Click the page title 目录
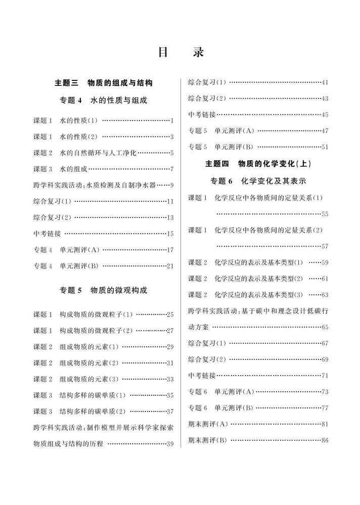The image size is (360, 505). tap(180, 53)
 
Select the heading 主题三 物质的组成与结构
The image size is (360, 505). tap(103, 83)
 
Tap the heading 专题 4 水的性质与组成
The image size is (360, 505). tap(103, 101)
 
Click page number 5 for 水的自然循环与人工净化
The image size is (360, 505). tap(172, 153)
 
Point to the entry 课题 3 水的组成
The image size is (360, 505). tap(61, 169)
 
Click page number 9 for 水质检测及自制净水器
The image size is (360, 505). tap(172, 185)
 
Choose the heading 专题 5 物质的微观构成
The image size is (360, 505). tap(103, 290)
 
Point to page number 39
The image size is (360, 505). tap(170, 444)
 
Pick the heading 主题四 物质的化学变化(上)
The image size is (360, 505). tap(258, 164)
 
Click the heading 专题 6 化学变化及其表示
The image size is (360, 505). tap(258, 180)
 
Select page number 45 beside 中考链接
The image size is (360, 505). tap(325, 115)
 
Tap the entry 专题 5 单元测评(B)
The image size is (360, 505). tap(220, 147)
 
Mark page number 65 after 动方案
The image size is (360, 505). tap(325, 328)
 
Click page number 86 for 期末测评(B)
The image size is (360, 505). tap(325, 440)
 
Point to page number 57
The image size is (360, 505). tap(325, 247)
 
